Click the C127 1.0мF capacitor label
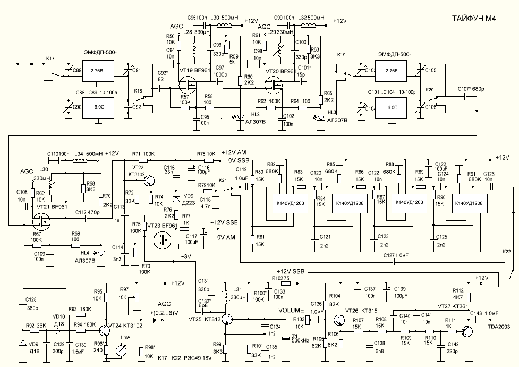click(x=396, y=255)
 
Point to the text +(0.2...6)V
click(x=157, y=312)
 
